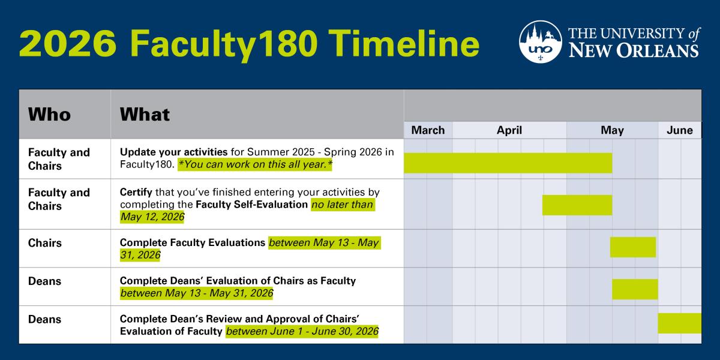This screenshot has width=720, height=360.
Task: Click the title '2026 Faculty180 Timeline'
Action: point(249,43)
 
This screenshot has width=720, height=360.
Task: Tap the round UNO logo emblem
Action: point(540,41)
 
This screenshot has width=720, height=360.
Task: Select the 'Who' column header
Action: point(49,114)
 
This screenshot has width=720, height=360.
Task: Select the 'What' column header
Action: point(145,114)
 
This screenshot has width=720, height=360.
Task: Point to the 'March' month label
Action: point(428,130)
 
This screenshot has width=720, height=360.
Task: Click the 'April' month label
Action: point(509,130)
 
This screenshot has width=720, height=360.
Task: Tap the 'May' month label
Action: point(612,130)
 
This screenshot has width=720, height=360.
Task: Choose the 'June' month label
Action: point(679,130)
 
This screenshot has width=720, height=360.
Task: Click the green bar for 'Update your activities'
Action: point(508,163)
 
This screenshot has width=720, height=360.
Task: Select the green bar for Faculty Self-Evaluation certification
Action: point(577,205)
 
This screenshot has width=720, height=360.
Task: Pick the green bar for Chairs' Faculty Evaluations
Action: point(633,247)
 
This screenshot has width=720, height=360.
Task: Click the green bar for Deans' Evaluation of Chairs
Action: point(635,289)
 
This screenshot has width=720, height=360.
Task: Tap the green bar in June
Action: point(679,323)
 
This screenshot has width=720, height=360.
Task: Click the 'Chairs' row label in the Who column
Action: point(45,243)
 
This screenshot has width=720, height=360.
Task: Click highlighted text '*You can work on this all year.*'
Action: point(254,165)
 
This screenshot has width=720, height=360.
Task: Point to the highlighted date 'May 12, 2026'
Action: point(152,217)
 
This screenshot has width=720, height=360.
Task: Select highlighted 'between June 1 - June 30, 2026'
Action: point(302,331)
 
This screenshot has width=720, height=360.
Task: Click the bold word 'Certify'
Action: point(136,192)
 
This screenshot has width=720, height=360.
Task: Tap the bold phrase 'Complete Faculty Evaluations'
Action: point(193,243)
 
